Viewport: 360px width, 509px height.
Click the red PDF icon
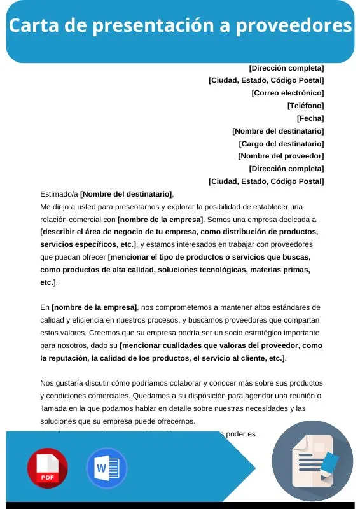tap(47, 468)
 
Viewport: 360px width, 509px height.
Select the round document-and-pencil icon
tap(312, 461)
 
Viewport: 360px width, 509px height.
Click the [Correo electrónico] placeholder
tap(287, 93)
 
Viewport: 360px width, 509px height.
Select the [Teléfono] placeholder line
tap(305, 106)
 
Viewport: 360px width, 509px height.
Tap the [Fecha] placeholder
tap(310, 118)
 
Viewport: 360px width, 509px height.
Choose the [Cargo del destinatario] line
tap(281, 144)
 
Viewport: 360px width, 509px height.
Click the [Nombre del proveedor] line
tap(280, 156)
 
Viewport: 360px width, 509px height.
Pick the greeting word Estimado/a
tap(59, 194)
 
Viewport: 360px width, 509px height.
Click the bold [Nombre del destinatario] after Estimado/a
tap(126, 194)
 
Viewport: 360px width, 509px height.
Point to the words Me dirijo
tap(56, 207)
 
